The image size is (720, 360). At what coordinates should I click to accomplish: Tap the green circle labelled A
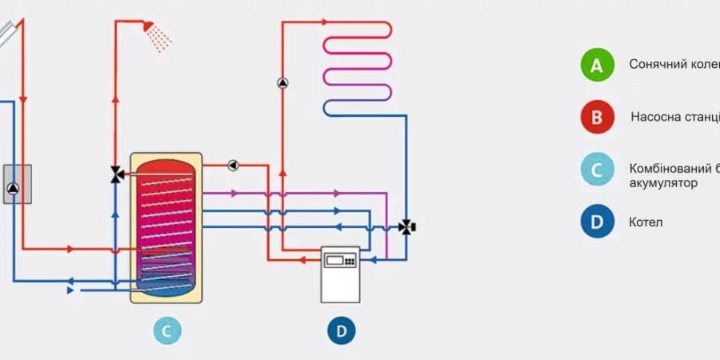click(597, 65)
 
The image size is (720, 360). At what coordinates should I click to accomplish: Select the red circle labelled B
click(597, 118)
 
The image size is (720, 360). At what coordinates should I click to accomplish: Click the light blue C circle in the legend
click(597, 170)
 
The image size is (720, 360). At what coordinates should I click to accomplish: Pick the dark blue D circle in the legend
click(597, 222)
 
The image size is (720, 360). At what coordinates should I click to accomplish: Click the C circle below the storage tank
click(167, 330)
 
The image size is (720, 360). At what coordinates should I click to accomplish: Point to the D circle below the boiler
click(342, 330)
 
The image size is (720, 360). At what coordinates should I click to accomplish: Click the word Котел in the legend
click(646, 222)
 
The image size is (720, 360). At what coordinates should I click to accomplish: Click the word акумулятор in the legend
click(663, 183)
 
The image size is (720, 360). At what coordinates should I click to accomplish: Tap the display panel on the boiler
click(339, 259)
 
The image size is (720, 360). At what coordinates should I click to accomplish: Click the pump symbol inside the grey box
click(15, 189)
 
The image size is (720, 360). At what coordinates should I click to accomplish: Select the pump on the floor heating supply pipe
click(282, 82)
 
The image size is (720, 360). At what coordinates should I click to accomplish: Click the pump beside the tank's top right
click(233, 166)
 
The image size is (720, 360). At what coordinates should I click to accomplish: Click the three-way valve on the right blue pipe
click(407, 227)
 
